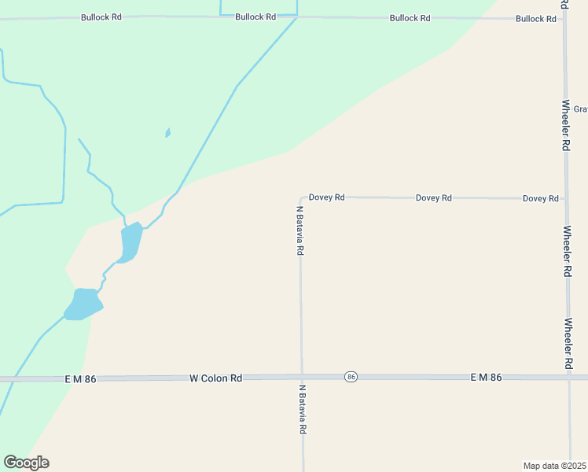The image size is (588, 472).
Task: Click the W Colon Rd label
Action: click(x=215, y=378)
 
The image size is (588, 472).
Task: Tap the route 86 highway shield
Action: click(x=351, y=378)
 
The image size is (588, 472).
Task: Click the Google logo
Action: click(x=26, y=463)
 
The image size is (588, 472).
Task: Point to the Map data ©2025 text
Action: click(x=555, y=466)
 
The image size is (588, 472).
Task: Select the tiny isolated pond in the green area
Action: click(x=168, y=133)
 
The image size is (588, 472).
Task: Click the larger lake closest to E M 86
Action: click(x=83, y=304)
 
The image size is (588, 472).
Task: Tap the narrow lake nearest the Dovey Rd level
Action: click(x=130, y=242)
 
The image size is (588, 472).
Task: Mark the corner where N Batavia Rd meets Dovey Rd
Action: click(x=300, y=198)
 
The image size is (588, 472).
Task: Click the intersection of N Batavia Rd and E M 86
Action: click(x=302, y=377)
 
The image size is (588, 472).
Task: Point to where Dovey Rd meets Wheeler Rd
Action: click(x=566, y=199)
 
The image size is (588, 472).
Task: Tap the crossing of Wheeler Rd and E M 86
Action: click(x=569, y=378)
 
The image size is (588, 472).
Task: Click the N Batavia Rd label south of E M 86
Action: click(x=302, y=409)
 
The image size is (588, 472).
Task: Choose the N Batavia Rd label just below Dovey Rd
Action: click(x=300, y=230)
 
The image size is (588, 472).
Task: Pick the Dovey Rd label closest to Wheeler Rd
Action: click(x=540, y=198)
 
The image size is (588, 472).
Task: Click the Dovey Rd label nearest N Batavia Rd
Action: click(x=326, y=197)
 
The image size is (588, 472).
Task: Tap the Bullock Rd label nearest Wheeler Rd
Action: click(x=535, y=18)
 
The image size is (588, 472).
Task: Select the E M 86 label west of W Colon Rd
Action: click(x=80, y=378)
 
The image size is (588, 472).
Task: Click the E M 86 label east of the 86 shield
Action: click(x=486, y=378)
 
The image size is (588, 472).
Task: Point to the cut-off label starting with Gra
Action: click(x=580, y=109)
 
